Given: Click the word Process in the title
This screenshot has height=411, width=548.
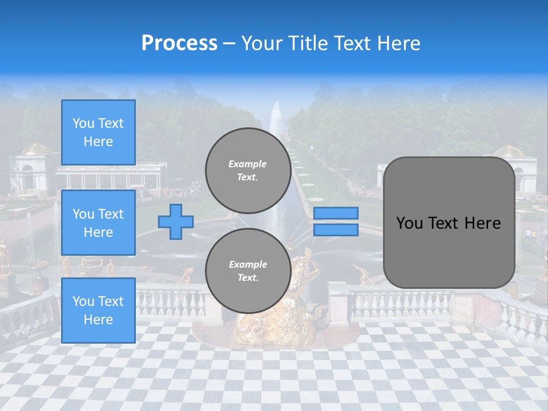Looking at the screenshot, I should pos(179,43).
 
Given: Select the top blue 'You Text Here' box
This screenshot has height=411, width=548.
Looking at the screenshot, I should pos(98,132).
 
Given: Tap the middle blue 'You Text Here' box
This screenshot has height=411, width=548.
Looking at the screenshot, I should pos(98,223).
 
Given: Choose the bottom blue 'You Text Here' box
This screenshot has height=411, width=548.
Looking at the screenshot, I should pos(98,310).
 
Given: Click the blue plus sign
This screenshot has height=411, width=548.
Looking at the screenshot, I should pos(175,221).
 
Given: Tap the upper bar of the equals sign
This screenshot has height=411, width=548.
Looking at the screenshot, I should pos(336,213).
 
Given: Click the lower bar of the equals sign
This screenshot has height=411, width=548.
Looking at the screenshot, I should pos(336,229).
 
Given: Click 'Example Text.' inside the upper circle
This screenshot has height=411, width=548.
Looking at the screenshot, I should pos(248,170).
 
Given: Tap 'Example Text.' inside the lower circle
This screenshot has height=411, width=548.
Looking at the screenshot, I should pos(248,271).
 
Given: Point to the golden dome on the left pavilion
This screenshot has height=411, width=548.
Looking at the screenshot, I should pos(36,149).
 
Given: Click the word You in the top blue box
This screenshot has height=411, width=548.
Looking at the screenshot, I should pos(83,123).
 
